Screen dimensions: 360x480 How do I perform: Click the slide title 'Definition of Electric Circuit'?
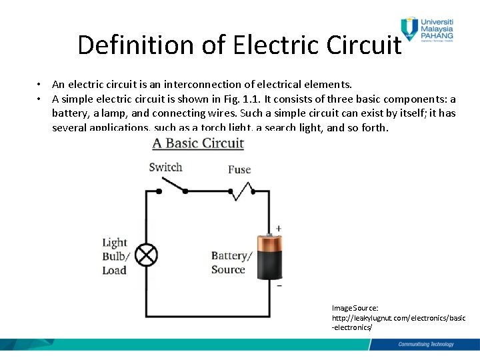[x=239, y=45]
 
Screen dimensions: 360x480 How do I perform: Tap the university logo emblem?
[x=409, y=28]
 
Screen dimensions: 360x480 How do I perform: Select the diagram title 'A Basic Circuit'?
[x=198, y=143]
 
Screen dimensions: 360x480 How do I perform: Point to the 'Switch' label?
[x=165, y=167]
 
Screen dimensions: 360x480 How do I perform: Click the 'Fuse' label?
[x=239, y=169]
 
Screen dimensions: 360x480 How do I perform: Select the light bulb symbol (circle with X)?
[x=147, y=255]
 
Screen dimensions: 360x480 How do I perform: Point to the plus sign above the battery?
[x=279, y=228]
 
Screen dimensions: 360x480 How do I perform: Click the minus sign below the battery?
[x=279, y=285]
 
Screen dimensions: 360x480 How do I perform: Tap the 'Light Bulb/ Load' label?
[x=115, y=257]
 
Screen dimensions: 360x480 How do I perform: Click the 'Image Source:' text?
[x=355, y=308]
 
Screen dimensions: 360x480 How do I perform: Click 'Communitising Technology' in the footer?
[x=425, y=344]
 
